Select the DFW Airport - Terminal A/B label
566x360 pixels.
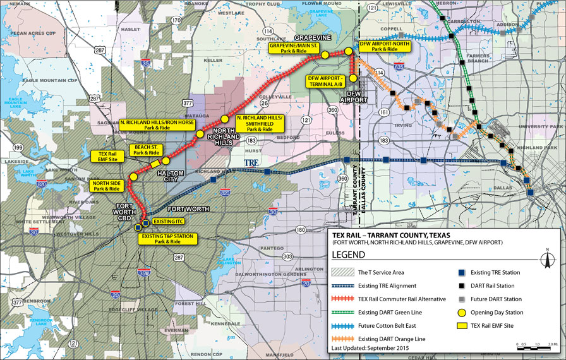coord(325,80)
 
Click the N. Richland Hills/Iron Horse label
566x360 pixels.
coord(157,124)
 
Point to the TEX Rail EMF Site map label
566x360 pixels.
coord(108,156)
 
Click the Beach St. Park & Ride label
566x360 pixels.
coord(145,150)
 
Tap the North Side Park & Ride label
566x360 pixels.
coord(105,186)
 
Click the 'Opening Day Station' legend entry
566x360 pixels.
coord(502,311)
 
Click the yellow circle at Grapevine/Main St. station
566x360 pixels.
coord(325,55)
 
